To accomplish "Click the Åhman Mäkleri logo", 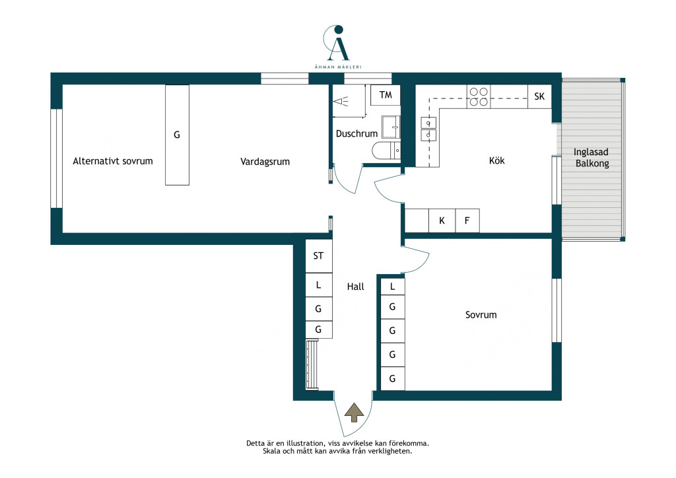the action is tap(338, 47).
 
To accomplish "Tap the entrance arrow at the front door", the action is tap(355, 413).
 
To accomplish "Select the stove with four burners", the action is tap(479, 96).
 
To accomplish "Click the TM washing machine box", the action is tap(386, 95).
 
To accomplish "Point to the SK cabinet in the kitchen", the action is tap(539, 96).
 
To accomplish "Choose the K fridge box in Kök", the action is tap(442, 221).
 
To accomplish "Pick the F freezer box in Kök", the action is tap(467, 221).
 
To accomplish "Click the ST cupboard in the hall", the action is tap(319, 256).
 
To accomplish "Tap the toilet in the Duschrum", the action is tap(386, 151).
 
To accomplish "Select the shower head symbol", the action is tap(341, 102).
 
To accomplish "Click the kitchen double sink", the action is tap(428, 129).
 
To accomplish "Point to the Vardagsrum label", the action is tap(265, 162).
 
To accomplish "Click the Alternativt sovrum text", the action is tap(112, 161).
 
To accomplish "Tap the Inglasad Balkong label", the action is tap(591, 158).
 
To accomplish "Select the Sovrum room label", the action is tap(481, 315).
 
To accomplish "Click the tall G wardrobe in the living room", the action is tap(177, 135).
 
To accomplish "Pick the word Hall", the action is tap(355, 287).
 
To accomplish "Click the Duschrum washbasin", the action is tap(391, 127).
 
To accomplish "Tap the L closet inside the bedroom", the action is tap(392, 286).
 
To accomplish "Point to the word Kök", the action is tap(496, 161).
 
